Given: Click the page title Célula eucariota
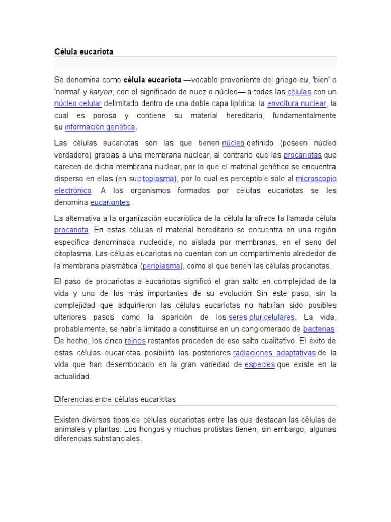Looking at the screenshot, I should click(83, 51).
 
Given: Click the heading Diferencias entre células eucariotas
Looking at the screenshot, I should click(115, 399).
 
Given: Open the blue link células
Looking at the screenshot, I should click(298, 92).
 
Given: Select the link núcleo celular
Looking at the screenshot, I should click(78, 103).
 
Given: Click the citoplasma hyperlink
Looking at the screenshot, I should click(156, 179).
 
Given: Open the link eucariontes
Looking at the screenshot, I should click(110, 202).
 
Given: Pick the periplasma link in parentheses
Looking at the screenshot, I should click(161, 266).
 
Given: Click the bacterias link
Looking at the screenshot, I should click(319, 329).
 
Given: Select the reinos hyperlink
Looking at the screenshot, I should click(135, 341).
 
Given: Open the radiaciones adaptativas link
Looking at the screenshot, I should click(274, 353).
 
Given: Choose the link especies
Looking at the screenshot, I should click(260, 364).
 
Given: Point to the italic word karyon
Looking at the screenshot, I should click(101, 92).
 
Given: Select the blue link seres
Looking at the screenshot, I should click(238, 317).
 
